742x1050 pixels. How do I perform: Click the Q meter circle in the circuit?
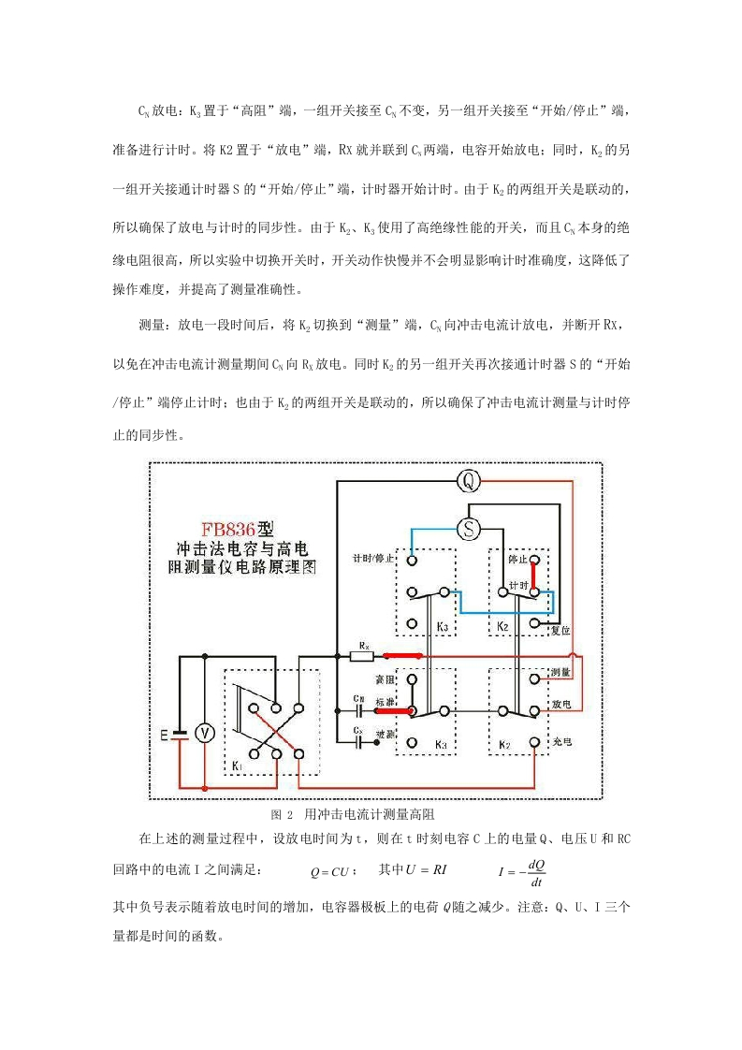[x=468, y=480]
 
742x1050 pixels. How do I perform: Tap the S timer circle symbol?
[x=468, y=529]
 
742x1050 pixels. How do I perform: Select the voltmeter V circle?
[x=204, y=734]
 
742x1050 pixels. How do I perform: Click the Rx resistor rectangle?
[x=362, y=656]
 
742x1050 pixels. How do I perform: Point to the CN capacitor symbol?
[x=359, y=709]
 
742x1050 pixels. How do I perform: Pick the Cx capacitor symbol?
[x=359, y=742]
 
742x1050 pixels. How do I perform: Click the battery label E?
[x=164, y=736]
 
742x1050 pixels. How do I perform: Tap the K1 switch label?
[x=237, y=764]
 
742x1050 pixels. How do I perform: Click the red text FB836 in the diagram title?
[x=229, y=530]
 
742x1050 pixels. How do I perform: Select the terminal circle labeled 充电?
[x=534, y=743]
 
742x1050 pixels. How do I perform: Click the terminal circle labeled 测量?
[x=534, y=679]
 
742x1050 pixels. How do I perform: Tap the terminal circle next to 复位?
[x=534, y=622]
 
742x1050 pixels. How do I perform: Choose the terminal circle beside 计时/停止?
[x=412, y=560]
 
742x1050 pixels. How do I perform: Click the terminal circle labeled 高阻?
[x=412, y=679]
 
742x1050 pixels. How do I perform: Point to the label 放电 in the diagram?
[x=561, y=705]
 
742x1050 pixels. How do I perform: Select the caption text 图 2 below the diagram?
[x=282, y=814]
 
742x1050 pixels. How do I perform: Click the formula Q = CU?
[x=332, y=872]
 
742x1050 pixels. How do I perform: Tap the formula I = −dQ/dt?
[x=522, y=872]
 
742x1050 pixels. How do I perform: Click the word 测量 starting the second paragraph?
[x=152, y=325]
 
